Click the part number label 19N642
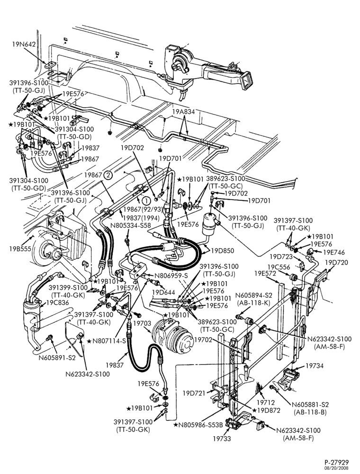[x=24, y=44]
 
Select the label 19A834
[x=184, y=111]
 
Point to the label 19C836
[x=57, y=302]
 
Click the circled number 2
[x=108, y=175]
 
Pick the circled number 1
[x=146, y=201]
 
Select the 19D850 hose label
[x=222, y=251]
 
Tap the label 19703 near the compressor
[x=142, y=323]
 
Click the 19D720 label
[x=336, y=263]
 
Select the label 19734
[x=315, y=366]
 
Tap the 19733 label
[x=222, y=438]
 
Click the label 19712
[x=265, y=402]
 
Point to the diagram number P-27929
[x=337, y=463]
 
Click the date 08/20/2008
[x=337, y=468]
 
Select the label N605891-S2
[x=57, y=358]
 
